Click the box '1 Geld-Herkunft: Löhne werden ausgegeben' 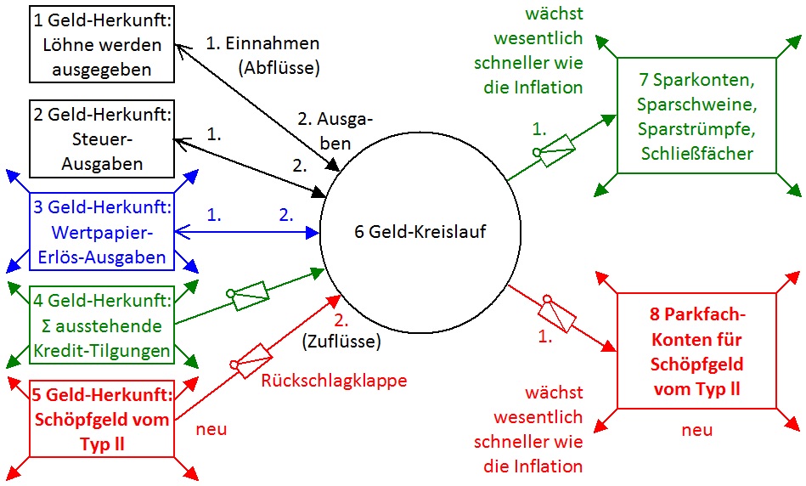click(101, 44)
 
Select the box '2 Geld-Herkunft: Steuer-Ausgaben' click(101, 138)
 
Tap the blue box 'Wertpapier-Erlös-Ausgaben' click(101, 232)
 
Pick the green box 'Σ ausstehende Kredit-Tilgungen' click(101, 325)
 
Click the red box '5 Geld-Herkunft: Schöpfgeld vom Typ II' click(101, 419)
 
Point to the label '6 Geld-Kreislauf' click(420, 232)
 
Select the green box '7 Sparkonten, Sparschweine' click(696, 116)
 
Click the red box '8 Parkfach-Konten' click(696, 351)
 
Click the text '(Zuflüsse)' click(341, 342)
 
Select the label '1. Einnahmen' click(263, 42)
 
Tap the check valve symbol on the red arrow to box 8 click(556, 314)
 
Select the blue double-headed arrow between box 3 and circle click(246, 231)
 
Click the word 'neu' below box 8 click(696, 430)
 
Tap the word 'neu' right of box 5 click(211, 429)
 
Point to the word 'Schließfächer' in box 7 click(696, 153)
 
